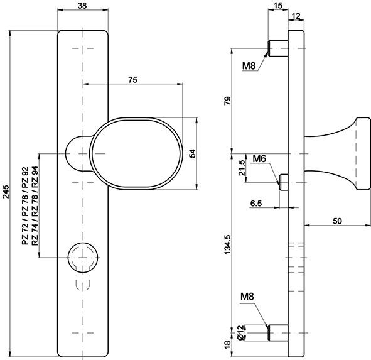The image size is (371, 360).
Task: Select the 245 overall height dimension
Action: point(6,192)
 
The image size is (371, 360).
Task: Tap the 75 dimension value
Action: point(133,79)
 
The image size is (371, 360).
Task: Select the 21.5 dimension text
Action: point(242,170)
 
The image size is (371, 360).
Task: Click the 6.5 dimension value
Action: point(256,204)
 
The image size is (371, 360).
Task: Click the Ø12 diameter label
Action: point(240,331)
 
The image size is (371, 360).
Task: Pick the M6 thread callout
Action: point(260,158)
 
